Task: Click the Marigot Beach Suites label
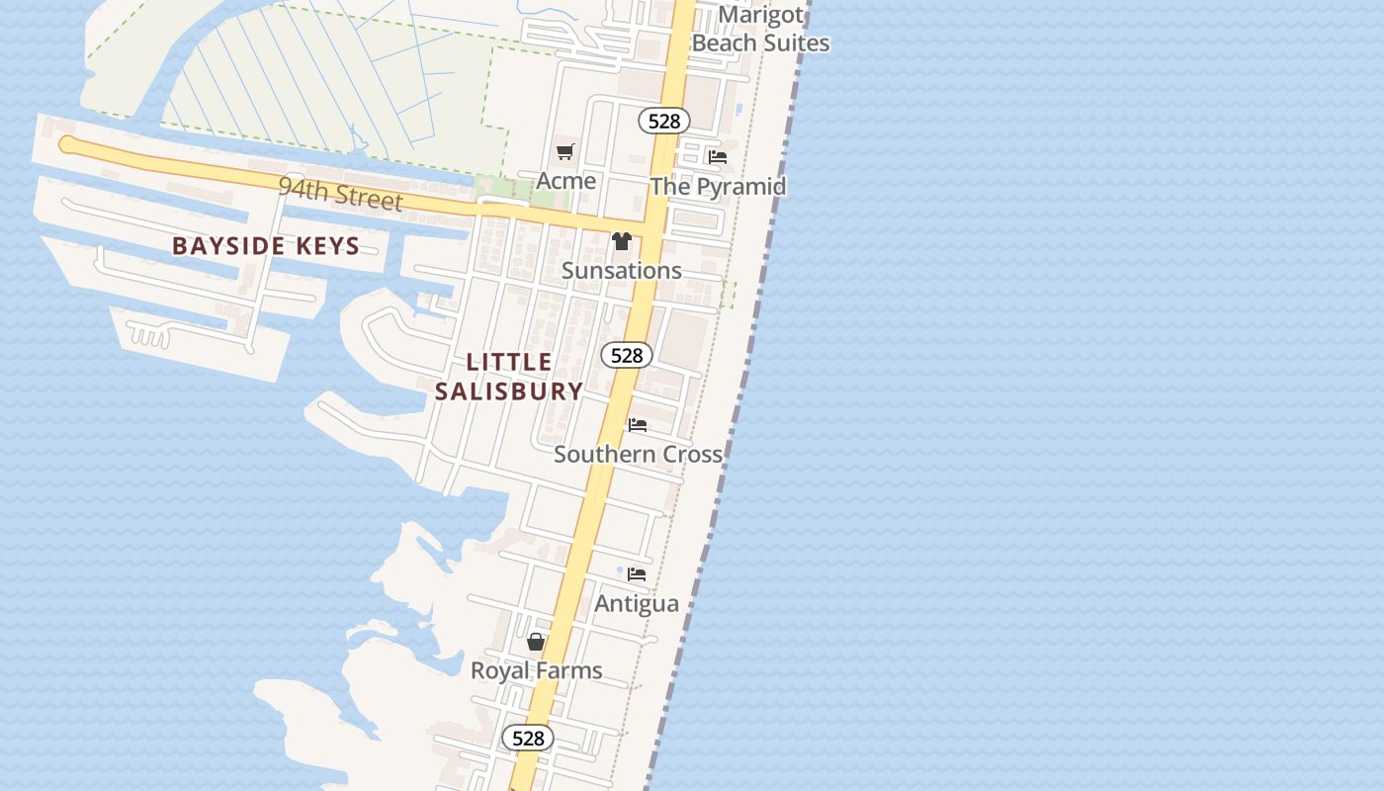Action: pyautogui.click(x=760, y=29)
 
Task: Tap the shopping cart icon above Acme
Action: pyautogui.click(x=564, y=152)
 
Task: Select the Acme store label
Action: pyautogui.click(x=565, y=180)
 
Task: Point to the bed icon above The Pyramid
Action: pyautogui.click(x=718, y=157)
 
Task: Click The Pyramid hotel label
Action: pyautogui.click(x=718, y=186)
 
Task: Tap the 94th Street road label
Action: pyautogui.click(x=340, y=194)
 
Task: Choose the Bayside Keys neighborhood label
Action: pyautogui.click(x=266, y=246)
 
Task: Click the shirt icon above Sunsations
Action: pyautogui.click(x=621, y=241)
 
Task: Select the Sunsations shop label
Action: pyautogui.click(x=621, y=270)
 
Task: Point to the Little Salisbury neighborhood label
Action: pyautogui.click(x=508, y=377)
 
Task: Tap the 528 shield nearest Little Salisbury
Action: pyautogui.click(x=627, y=355)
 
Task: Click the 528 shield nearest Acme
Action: pyautogui.click(x=663, y=121)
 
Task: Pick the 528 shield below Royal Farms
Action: pyautogui.click(x=528, y=738)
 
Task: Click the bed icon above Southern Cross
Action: pyautogui.click(x=638, y=425)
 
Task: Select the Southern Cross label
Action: pyautogui.click(x=638, y=454)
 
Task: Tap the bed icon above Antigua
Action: pyautogui.click(x=637, y=573)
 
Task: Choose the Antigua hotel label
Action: pyautogui.click(x=637, y=603)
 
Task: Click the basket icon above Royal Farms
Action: pyautogui.click(x=536, y=643)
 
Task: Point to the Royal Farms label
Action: pyautogui.click(x=536, y=670)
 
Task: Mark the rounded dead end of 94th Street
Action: pyautogui.click(x=66, y=145)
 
